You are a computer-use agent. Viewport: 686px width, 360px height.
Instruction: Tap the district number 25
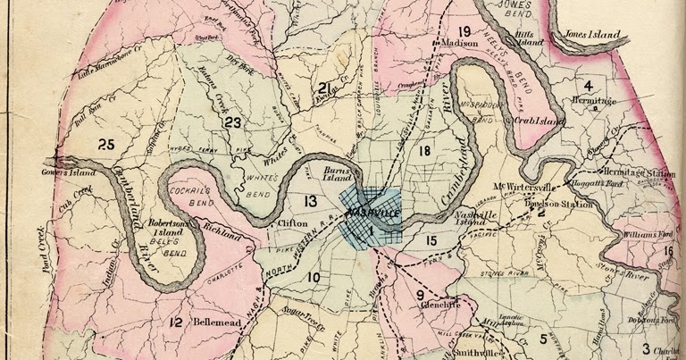[107, 144]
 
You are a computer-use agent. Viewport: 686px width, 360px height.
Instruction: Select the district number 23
[234, 122]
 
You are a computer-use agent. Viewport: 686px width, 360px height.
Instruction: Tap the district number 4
[587, 86]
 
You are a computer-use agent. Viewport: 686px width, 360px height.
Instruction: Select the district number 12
[176, 322]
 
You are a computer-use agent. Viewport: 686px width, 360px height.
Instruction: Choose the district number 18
[423, 151]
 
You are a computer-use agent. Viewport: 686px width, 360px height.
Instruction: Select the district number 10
[314, 278]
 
